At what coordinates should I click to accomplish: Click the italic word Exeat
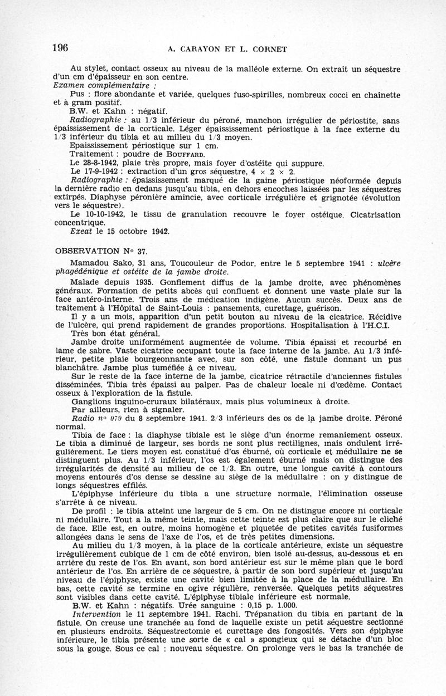(x=81, y=231)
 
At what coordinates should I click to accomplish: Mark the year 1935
(x=134, y=282)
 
